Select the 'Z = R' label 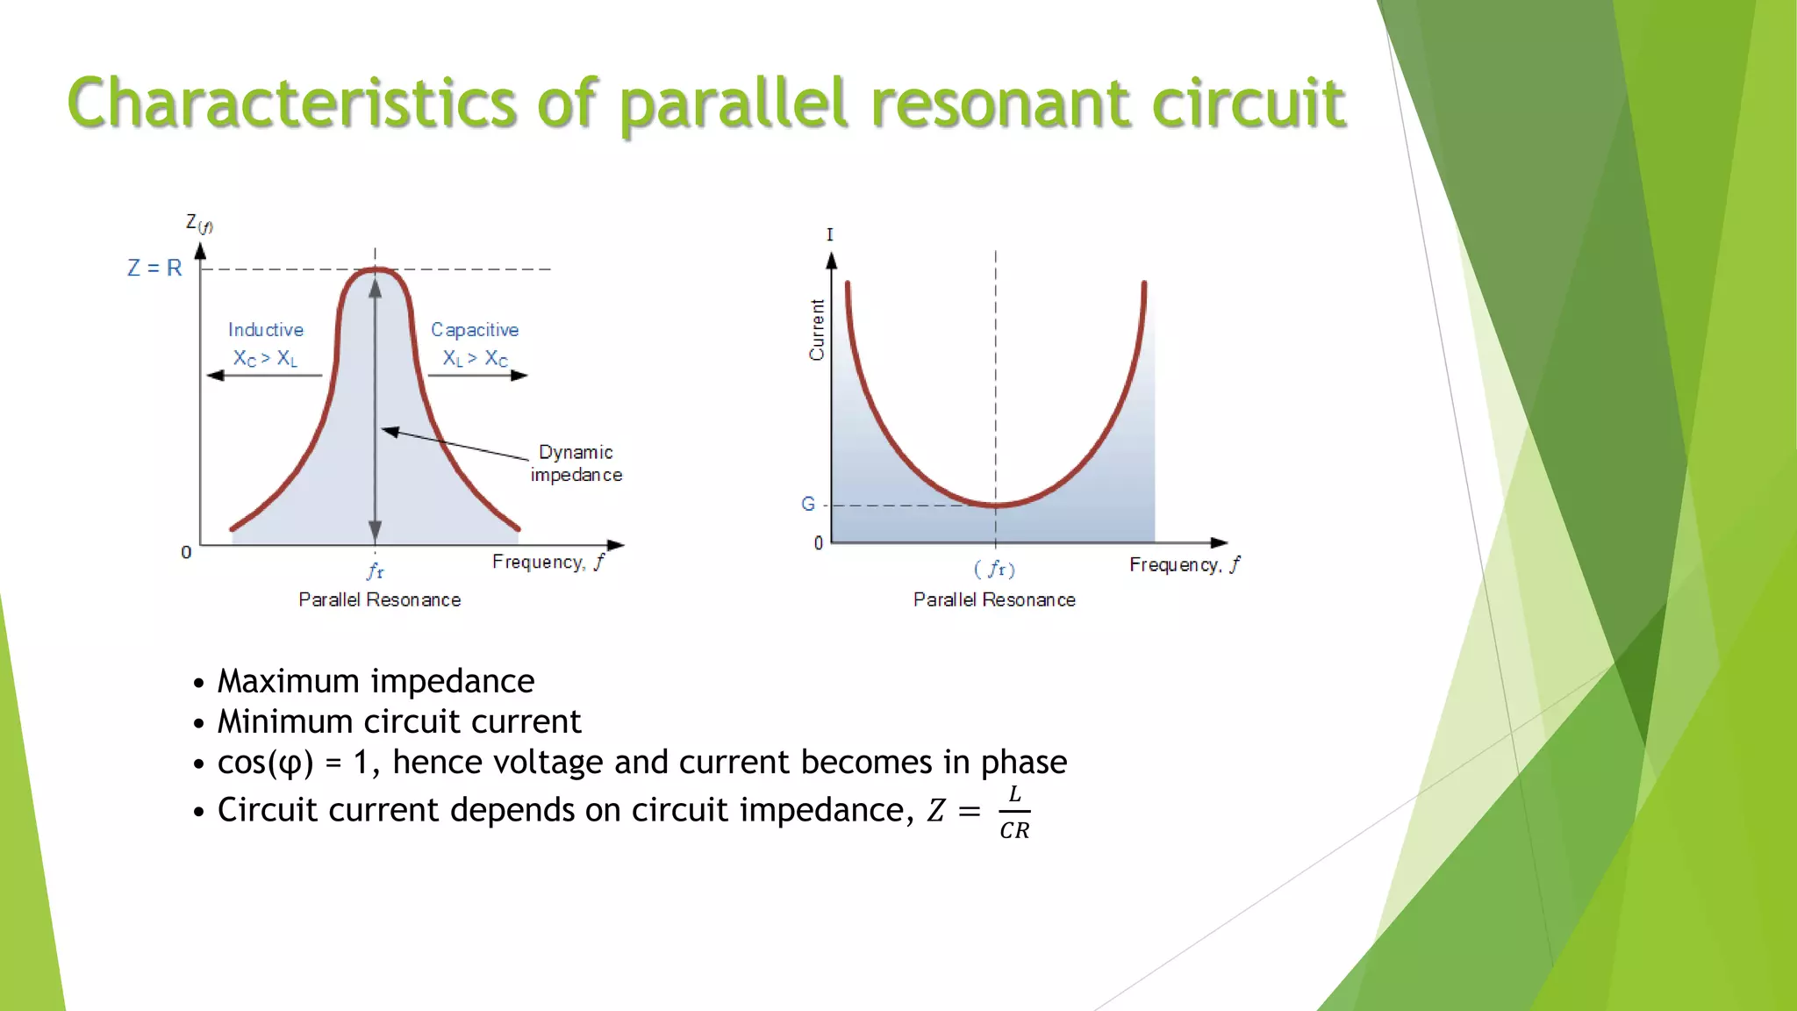pyautogui.click(x=154, y=268)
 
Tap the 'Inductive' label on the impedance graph pyautogui.click(x=266, y=330)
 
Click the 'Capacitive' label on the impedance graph pyautogui.click(x=475, y=330)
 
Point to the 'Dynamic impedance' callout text pyautogui.click(x=576, y=463)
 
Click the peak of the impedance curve pyautogui.click(x=376, y=270)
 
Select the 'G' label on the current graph pyautogui.click(x=808, y=504)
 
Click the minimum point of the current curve pyautogui.click(x=996, y=505)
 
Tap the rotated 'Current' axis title pyautogui.click(x=817, y=330)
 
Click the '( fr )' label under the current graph pyautogui.click(x=995, y=570)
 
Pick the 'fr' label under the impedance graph pyautogui.click(x=376, y=571)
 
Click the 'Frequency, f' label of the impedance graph pyautogui.click(x=548, y=562)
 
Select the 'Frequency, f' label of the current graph pyautogui.click(x=1185, y=564)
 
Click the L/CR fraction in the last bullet pyautogui.click(x=1014, y=812)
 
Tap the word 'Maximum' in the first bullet pyautogui.click(x=288, y=681)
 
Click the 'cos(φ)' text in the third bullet pyautogui.click(x=265, y=762)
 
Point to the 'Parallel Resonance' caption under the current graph pyautogui.click(x=994, y=599)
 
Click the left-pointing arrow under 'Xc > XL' pyautogui.click(x=263, y=376)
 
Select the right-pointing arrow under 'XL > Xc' pyautogui.click(x=478, y=376)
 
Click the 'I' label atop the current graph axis pyautogui.click(x=830, y=235)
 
